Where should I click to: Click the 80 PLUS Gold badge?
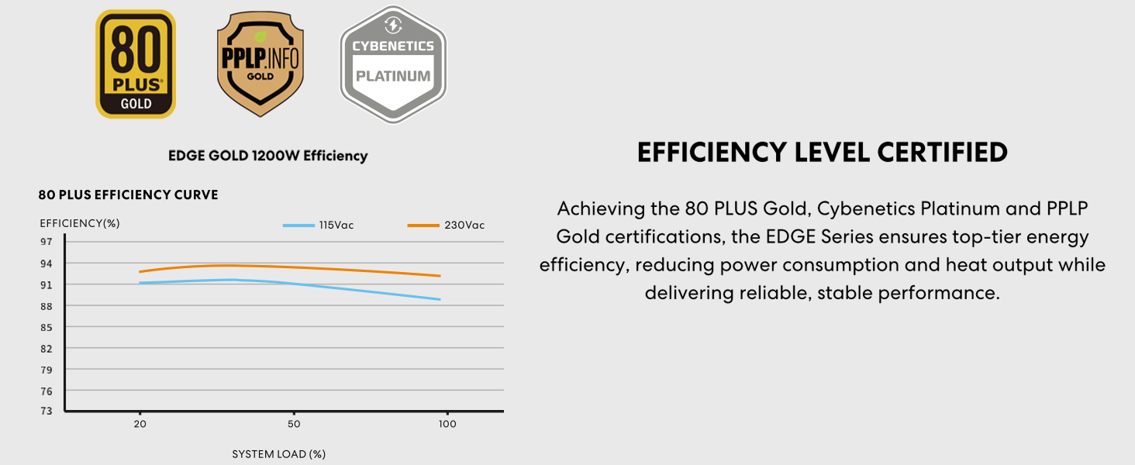[136, 64]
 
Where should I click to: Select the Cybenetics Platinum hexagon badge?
[393, 65]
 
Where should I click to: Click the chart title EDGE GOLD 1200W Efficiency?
[267, 156]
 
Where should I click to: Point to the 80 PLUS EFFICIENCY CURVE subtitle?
[128, 195]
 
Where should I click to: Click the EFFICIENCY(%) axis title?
[80, 223]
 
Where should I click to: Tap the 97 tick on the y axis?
[47, 242]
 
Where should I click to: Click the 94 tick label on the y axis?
[47, 263]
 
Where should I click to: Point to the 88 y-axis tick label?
[47, 306]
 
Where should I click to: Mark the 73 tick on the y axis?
[47, 411]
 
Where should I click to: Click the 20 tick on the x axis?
[140, 425]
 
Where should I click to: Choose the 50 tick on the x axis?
[294, 425]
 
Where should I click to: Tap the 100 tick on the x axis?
[447, 425]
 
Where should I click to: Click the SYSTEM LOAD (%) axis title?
[278, 454]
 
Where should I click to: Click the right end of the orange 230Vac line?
[440, 276]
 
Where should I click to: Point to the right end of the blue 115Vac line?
[440, 299]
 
